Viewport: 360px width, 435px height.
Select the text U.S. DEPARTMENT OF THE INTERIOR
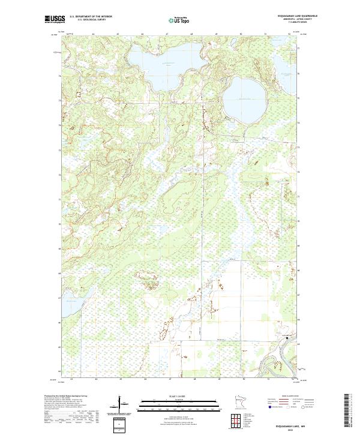pos(91,17)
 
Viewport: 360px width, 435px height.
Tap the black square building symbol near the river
pos(287,338)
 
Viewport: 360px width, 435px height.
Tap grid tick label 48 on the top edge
pos(191,34)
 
